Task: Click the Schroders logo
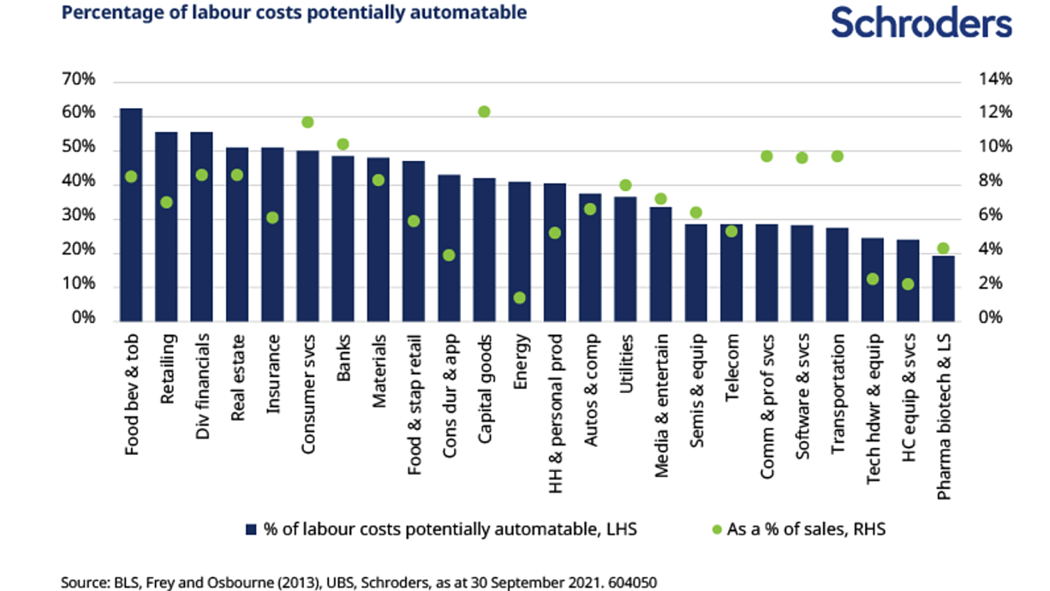coord(922,22)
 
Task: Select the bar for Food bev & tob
coord(131,215)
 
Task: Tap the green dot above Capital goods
coord(484,111)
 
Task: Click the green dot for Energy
coord(519,297)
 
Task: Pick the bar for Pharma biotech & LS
coord(943,289)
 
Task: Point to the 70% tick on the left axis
coord(78,79)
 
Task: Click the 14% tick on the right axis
coord(995,79)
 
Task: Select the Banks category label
coord(343,358)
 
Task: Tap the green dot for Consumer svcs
coord(307,122)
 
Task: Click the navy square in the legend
coord(251,529)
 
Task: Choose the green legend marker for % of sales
coord(717,529)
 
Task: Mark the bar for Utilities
coord(625,260)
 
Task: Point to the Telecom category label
coord(731,368)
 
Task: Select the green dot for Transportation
coord(838,157)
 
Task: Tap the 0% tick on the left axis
coord(83,318)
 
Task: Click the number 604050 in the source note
coord(632,582)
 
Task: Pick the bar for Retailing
coord(166,227)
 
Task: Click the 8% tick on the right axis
coord(990,181)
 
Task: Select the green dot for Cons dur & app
coord(449,255)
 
